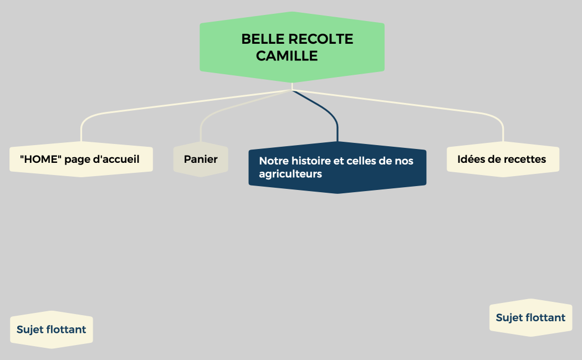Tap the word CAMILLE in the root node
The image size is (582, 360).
click(x=287, y=56)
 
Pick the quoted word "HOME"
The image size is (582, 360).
click(x=40, y=160)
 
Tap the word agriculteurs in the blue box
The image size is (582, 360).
click(x=290, y=174)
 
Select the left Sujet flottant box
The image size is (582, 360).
click(x=52, y=330)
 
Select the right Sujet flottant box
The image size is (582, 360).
click(x=530, y=317)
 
